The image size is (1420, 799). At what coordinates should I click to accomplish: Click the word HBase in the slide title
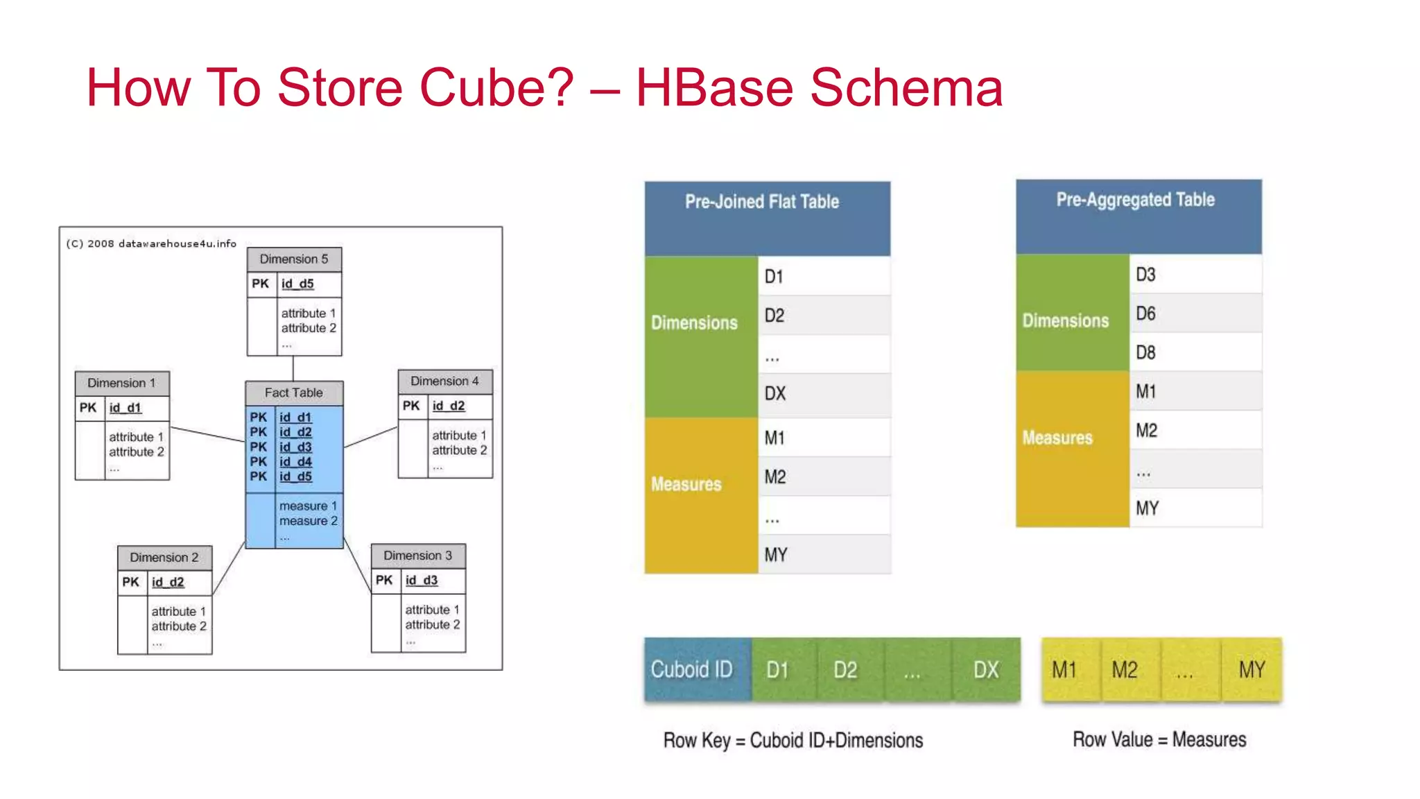click(x=713, y=88)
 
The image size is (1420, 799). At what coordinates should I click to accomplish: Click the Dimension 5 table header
click(x=294, y=259)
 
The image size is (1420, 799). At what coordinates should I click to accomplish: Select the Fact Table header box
click(x=294, y=393)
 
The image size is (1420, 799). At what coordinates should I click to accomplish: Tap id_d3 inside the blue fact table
click(x=295, y=447)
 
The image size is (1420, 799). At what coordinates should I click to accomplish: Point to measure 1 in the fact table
click(x=308, y=506)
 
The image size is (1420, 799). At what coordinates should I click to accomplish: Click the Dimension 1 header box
click(x=122, y=383)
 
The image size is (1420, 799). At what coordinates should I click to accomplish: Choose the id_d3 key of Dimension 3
click(x=422, y=580)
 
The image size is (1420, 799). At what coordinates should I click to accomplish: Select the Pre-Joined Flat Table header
click(x=767, y=218)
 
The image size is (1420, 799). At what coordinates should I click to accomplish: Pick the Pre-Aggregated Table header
click(x=1138, y=216)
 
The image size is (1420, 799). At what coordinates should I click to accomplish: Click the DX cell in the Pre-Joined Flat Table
click(x=823, y=394)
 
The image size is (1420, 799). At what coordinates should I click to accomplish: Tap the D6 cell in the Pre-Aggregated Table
click(x=1195, y=313)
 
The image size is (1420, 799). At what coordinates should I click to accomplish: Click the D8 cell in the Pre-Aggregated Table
click(x=1195, y=352)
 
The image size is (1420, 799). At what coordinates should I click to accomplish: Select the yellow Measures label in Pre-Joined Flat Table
click(x=686, y=484)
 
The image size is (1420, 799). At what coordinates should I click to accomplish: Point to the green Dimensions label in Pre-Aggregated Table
click(x=1066, y=320)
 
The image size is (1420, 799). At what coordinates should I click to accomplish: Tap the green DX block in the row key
click(x=986, y=669)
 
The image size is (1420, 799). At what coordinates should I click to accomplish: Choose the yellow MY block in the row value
click(x=1252, y=669)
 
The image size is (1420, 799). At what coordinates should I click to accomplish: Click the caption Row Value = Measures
click(x=1159, y=739)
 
